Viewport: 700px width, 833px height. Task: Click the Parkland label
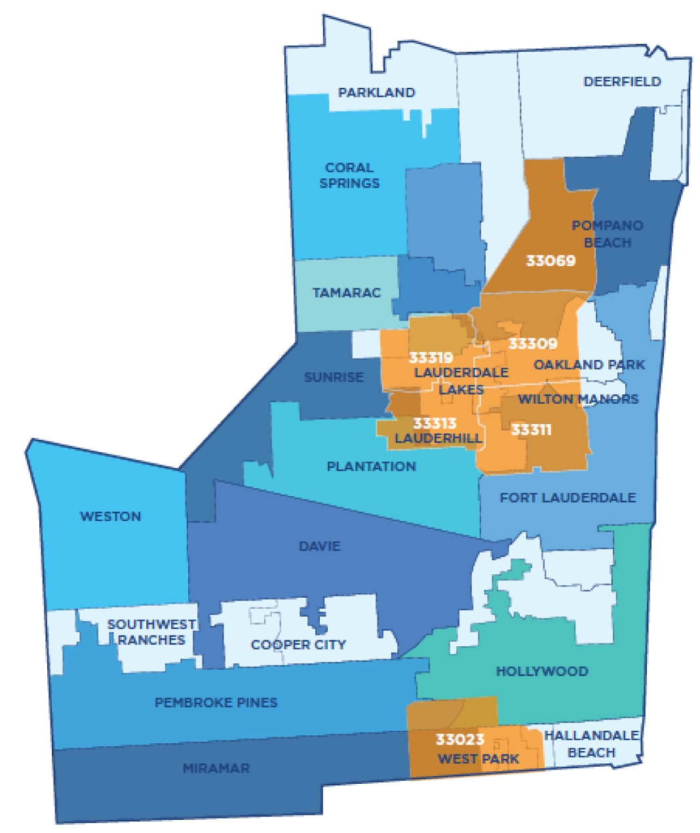pos(376,92)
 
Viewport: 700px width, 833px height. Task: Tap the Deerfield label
pos(622,82)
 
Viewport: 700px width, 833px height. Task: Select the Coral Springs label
pos(349,175)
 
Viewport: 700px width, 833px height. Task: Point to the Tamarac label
pos(346,292)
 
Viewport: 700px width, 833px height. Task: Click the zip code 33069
pos(551,261)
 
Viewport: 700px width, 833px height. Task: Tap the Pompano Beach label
pos(607,234)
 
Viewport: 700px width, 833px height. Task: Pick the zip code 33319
pos(431,358)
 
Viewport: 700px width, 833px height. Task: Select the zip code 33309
pos(532,343)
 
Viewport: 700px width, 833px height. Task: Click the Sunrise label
pos(334,378)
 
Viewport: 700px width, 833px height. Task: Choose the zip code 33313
pos(435,424)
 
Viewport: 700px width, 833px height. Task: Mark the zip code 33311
pos(531,430)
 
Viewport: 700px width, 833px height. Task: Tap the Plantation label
pos(371,467)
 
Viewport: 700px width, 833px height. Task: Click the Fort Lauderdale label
pos(568,498)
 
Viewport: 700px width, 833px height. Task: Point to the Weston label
pos(110,516)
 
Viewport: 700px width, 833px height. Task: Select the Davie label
pos(319,546)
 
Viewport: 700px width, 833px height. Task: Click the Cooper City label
pos(298,645)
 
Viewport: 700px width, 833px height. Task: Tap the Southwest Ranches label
pos(151,632)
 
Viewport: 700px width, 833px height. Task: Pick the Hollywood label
pos(541,671)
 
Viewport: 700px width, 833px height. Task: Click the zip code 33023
pos(460,739)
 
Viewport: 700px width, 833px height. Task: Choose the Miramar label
pos(216,768)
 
